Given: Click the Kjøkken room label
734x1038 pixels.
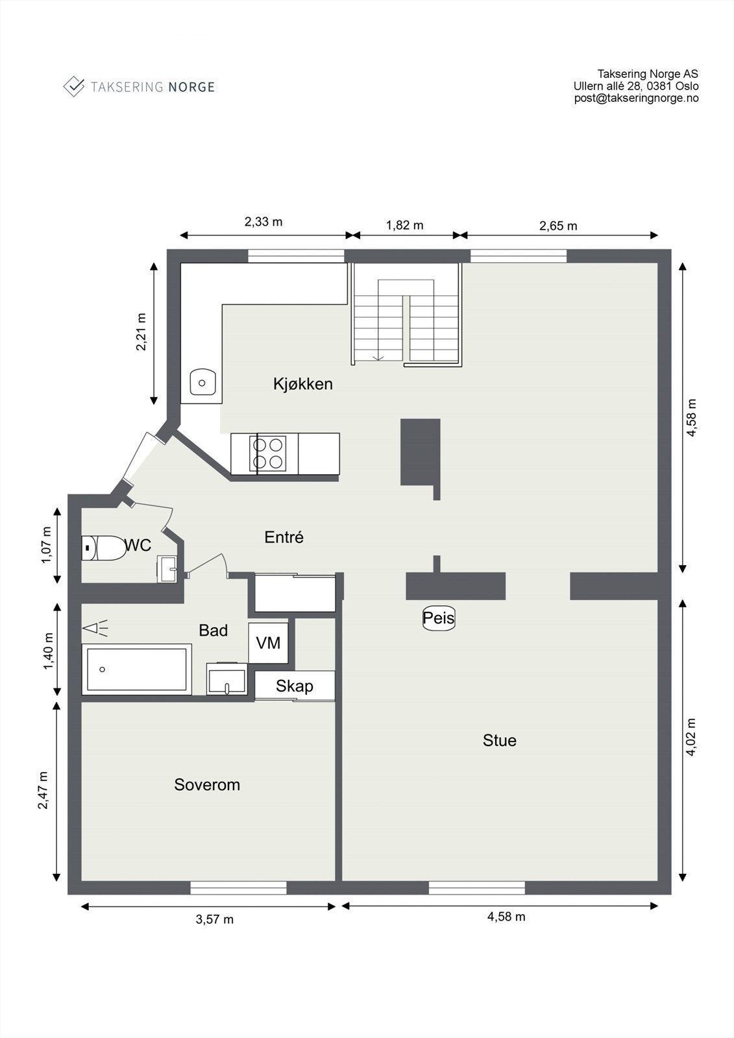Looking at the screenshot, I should pos(302,383).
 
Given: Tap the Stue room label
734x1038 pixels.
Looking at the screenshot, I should pos(499,740).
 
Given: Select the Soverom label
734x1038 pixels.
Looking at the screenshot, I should pos(207,784).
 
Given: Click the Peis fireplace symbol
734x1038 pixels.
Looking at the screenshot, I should pos(439,618).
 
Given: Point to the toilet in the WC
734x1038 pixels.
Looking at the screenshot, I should pos(104,548).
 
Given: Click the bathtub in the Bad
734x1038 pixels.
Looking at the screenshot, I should pos(136,669).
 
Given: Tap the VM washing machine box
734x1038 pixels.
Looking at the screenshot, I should pos(268,642).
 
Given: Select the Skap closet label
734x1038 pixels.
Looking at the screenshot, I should pos(294,686).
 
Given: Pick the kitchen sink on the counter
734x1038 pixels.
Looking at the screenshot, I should pos(202,382).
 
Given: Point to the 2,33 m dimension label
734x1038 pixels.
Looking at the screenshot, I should pos(263,221).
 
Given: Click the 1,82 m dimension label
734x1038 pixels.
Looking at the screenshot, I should pos(404,225).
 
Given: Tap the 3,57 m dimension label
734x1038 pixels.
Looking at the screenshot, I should pos(214,919).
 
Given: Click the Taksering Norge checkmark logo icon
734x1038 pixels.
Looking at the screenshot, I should pos(74,86).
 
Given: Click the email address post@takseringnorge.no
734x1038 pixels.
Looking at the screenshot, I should pos(636,98).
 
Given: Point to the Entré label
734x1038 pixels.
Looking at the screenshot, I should pos(284,537).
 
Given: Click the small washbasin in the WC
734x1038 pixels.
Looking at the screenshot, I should pos(168,570).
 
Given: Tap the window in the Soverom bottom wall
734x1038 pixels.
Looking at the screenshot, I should pos(238,887).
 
